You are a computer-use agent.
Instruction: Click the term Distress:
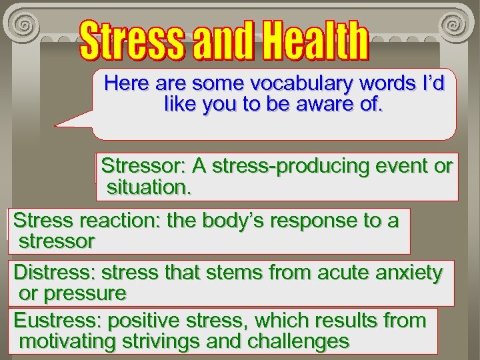tap(55, 273)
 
